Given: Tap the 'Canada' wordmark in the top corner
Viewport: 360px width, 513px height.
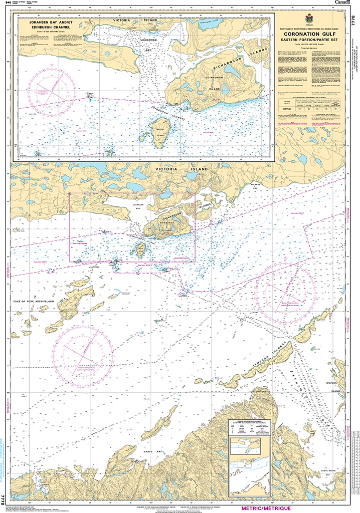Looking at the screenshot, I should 343,3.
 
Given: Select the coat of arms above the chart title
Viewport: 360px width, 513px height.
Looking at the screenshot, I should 309,18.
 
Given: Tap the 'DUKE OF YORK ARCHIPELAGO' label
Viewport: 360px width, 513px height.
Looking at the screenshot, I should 33,302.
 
